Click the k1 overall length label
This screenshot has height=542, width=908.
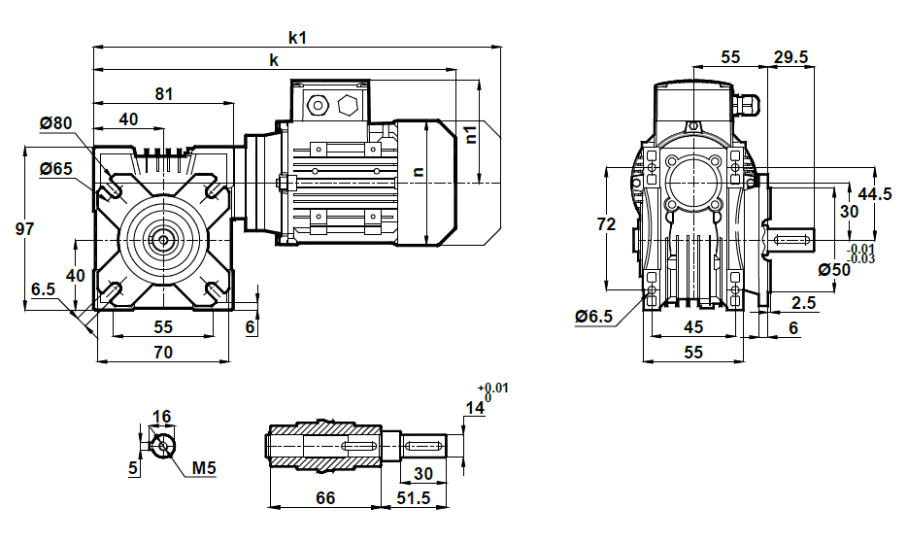click(x=297, y=38)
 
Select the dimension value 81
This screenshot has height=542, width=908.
click(x=164, y=94)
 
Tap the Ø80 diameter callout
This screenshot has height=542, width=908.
click(x=55, y=122)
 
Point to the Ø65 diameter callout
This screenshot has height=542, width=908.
click(x=55, y=168)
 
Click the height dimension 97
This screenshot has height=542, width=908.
click(x=24, y=228)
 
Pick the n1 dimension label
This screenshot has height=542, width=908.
click(x=471, y=134)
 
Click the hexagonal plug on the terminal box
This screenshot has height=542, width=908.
click(x=349, y=105)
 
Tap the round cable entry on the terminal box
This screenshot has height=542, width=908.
click(x=318, y=105)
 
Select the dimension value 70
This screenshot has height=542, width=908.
click(x=163, y=352)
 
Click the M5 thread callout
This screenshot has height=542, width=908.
click(x=204, y=467)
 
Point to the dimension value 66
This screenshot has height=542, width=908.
click(x=325, y=497)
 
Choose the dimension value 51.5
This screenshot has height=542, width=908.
click(x=414, y=497)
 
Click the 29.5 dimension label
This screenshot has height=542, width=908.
click(x=791, y=56)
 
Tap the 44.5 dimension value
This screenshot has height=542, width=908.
click(x=874, y=194)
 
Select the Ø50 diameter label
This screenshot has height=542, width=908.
click(x=834, y=270)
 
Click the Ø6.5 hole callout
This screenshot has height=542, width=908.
click(x=593, y=317)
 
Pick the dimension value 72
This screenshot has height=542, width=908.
click(x=606, y=223)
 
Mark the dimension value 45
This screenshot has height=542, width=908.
click(x=693, y=327)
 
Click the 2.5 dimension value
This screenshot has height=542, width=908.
click(x=804, y=302)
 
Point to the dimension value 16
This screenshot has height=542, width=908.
click(x=161, y=417)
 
